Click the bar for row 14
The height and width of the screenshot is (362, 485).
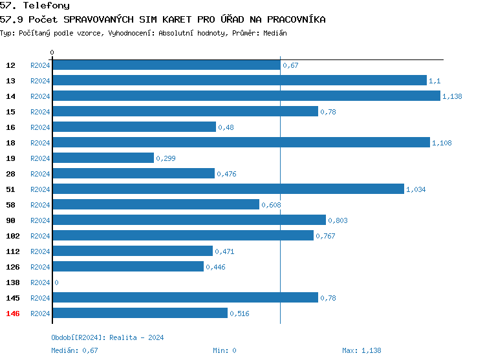coord(246,96)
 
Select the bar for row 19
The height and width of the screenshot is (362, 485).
coord(103,158)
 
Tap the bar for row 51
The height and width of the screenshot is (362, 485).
coord(228,189)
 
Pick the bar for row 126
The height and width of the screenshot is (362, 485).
coord(127,266)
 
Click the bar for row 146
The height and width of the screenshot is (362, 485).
coord(140,313)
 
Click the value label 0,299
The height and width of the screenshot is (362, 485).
coord(166,158)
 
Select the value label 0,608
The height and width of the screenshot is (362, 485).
coord(271,205)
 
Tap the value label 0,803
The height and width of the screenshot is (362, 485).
coord(338,220)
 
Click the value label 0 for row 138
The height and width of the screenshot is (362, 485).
coord(56,282)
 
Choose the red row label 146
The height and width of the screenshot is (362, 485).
coord(12,314)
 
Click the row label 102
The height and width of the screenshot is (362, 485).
coord(12,236)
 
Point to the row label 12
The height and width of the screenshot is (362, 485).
coord(10,65)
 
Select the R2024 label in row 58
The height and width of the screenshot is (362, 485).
coord(40,205)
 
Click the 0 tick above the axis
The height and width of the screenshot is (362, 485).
coord(52,52)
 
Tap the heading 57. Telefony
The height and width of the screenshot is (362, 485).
coord(35,5)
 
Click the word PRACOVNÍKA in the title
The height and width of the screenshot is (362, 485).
coord(296,19)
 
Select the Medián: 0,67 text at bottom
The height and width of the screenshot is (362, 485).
coord(74,350)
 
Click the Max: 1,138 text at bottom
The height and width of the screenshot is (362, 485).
coord(361,350)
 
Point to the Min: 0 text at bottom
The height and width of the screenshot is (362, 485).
coord(224,350)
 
